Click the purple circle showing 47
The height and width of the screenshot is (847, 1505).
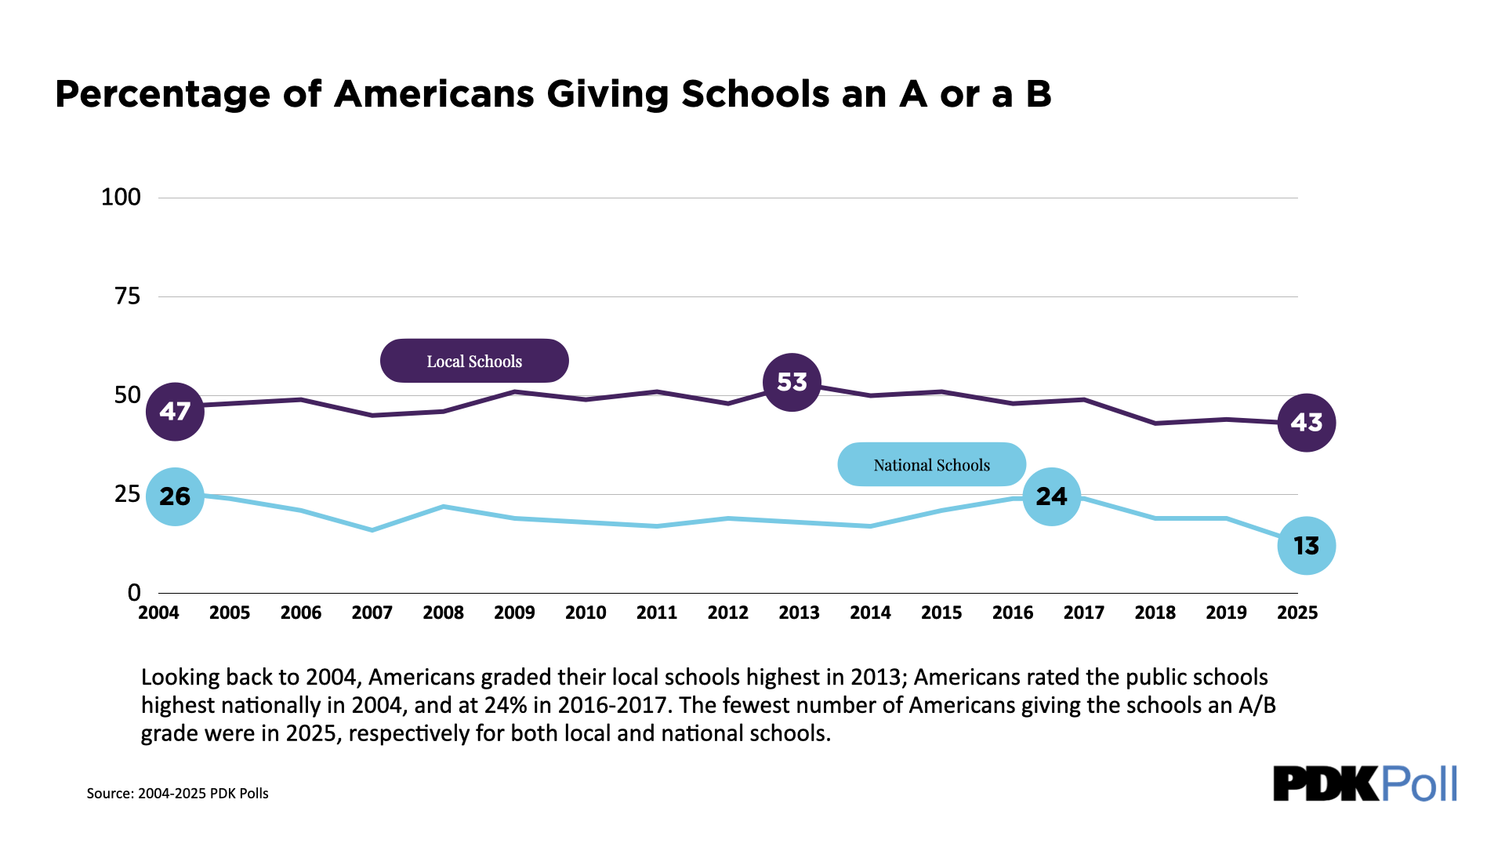(175, 411)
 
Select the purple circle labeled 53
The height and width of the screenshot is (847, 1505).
(792, 382)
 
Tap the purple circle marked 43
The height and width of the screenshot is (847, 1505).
(1306, 423)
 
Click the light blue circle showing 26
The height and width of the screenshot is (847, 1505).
(175, 496)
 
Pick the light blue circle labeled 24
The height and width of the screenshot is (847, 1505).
(1051, 496)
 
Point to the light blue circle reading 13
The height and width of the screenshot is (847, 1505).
(1306, 546)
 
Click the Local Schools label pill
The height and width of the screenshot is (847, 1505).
(474, 361)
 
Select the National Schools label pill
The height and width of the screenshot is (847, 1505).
(931, 464)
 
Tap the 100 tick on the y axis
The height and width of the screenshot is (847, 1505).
(121, 197)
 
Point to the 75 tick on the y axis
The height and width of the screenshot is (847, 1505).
(127, 296)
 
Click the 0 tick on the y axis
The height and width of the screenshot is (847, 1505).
(134, 593)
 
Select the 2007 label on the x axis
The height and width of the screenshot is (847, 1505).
(372, 613)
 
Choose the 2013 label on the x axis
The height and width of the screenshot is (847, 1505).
(799, 613)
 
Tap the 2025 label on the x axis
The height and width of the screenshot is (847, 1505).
(1297, 613)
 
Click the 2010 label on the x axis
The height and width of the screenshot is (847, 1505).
(586, 613)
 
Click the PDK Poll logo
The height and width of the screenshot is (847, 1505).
(1365, 783)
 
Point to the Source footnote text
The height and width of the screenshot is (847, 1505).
(177, 793)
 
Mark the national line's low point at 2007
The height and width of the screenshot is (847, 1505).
(372, 530)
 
